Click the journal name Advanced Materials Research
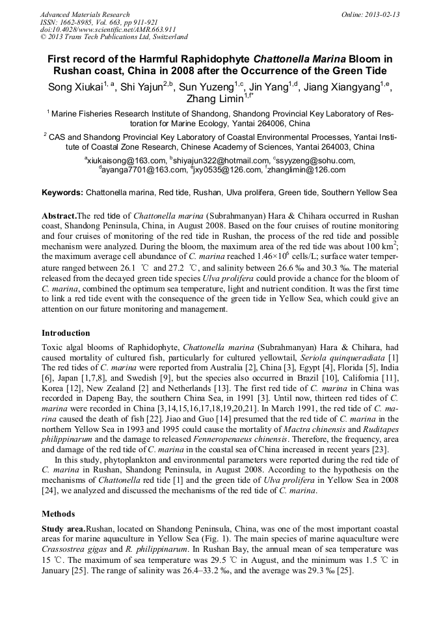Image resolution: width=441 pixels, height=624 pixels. (x=85, y=14)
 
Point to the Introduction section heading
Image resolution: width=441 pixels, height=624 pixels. (x=66, y=333)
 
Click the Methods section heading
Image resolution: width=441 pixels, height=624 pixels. (x=57, y=513)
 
